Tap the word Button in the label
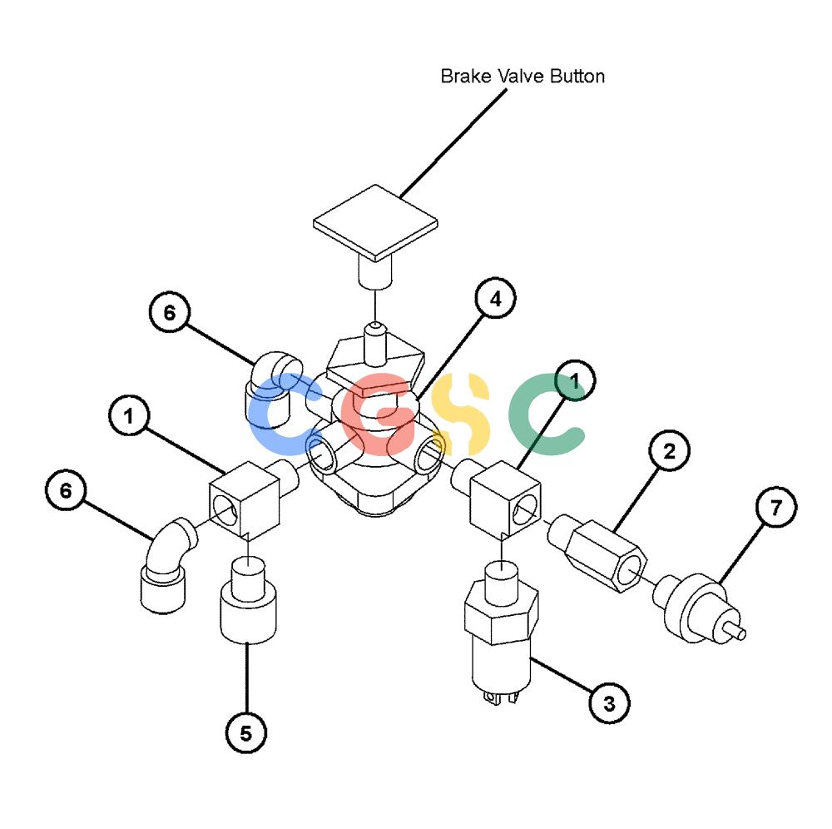(x=577, y=77)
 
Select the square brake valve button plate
(x=375, y=223)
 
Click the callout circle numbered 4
(x=495, y=298)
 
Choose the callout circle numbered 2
(x=670, y=450)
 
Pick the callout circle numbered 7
(x=776, y=507)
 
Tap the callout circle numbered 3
(x=610, y=703)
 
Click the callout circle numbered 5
(x=246, y=733)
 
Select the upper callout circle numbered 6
(x=170, y=312)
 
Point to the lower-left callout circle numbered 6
(x=66, y=490)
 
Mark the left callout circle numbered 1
(x=129, y=415)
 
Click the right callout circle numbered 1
(x=575, y=380)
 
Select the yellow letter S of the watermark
(x=460, y=414)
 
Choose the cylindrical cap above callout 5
(x=248, y=600)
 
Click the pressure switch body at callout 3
(x=501, y=632)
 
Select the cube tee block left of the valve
(x=245, y=499)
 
